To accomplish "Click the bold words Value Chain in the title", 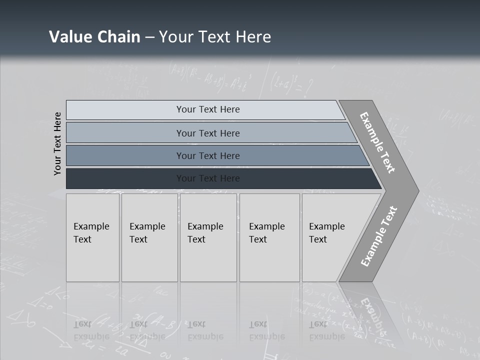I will (x=94, y=37).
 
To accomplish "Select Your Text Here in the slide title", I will (x=215, y=37).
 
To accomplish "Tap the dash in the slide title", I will (x=149, y=37).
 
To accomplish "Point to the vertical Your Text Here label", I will (x=57, y=143).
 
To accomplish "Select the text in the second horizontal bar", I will (x=208, y=133).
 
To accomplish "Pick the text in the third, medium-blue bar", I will (x=208, y=155).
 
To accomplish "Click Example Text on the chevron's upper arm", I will (x=377, y=142).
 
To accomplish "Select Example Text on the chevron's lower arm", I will (x=379, y=236).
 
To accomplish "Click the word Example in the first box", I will (x=91, y=226).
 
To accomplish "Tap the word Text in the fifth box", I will (x=318, y=239).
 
